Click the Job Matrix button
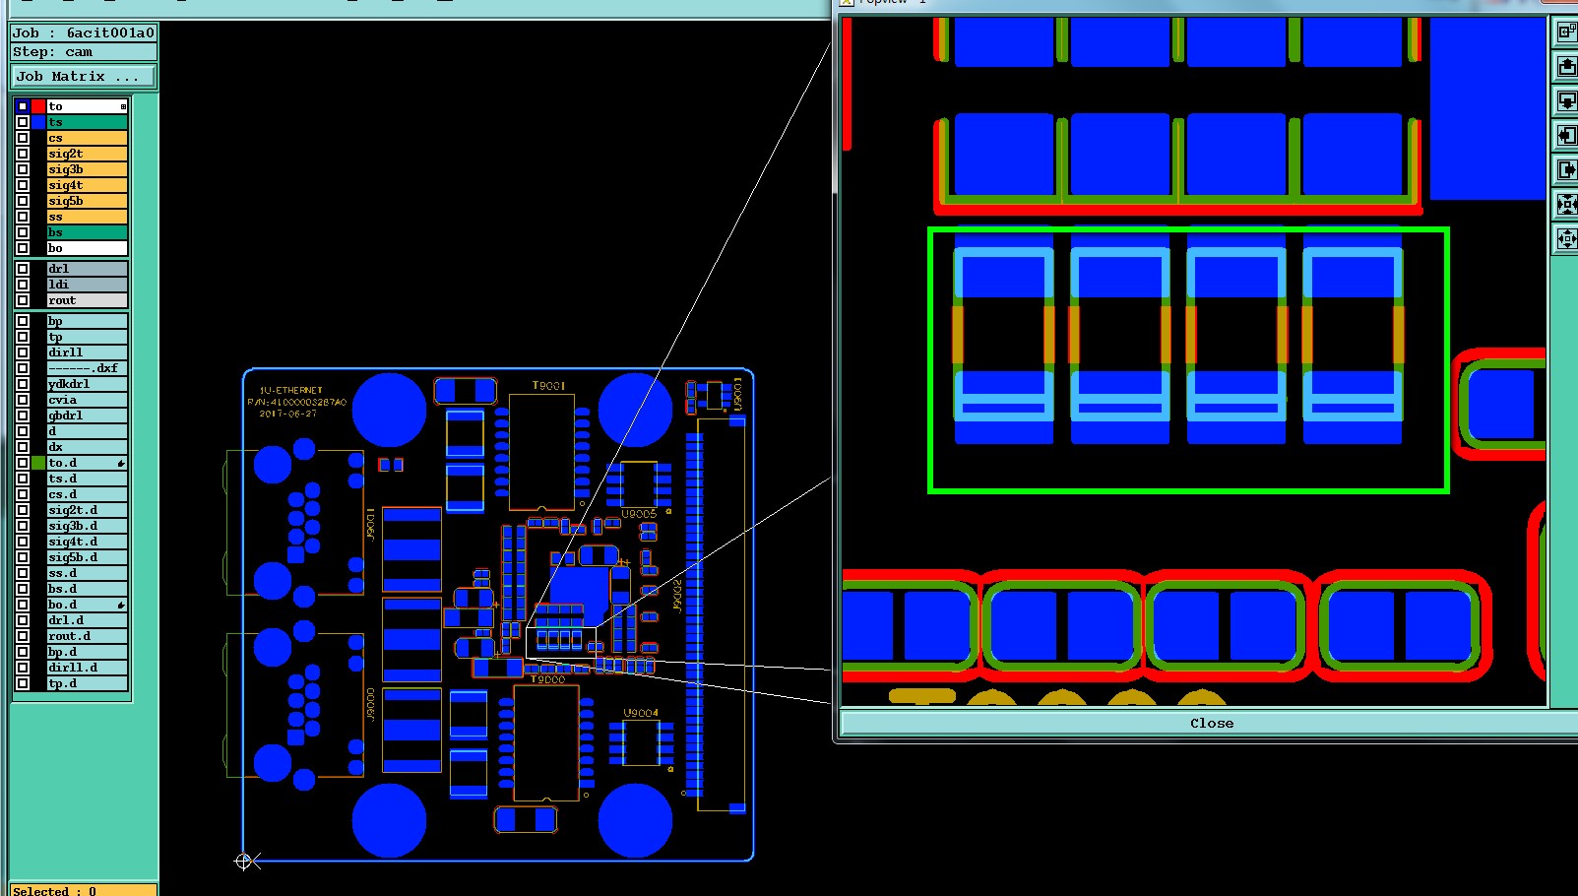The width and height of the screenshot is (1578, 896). tap(84, 76)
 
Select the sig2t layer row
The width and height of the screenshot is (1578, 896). tap(87, 154)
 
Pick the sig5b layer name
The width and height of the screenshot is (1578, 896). tap(87, 201)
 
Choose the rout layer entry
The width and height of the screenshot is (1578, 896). tap(87, 300)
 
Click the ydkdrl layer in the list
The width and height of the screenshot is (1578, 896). tap(87, 384)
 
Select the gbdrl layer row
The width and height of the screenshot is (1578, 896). tap(87, 416)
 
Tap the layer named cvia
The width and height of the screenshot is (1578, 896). tap(87, 400)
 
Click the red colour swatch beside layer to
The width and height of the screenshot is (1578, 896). tap(38, 106)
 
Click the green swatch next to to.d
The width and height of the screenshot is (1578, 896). tap(38, 463)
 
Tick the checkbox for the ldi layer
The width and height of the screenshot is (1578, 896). tap(23, 285)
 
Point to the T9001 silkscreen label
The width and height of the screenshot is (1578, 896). tap(548, 386)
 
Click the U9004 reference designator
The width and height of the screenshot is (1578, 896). tap(640, 713)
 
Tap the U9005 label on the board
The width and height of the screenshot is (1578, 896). tap(638, 514)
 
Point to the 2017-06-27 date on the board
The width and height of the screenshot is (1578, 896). tap(287, 414)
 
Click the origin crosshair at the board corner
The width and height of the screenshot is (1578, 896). tap(243, 862)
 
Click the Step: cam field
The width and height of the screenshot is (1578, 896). tap(84, 52)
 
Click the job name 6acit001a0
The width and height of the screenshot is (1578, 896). tap(110, 32)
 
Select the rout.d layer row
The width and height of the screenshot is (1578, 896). tap(87, 636)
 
